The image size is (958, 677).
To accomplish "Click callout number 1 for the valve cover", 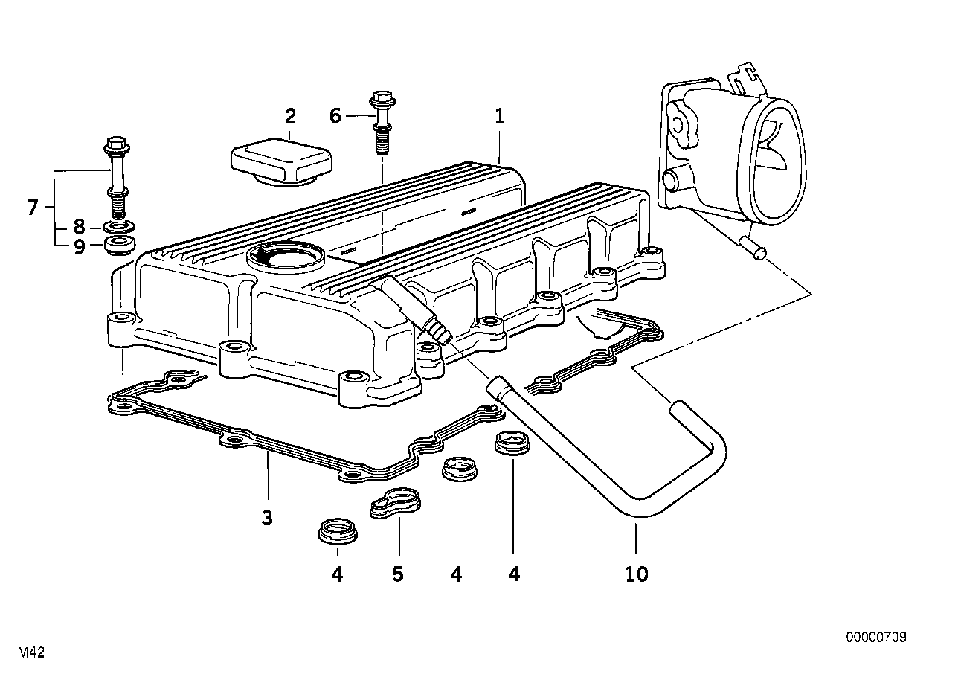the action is pyautogui.click(x=500, y=116).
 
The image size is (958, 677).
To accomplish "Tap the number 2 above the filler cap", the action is pyautogui.click(x=290, y=116).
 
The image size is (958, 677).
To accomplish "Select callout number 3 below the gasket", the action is pyautogui.click(x=267, y=518).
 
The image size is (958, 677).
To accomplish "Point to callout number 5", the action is pyautogui.click(x=398, y=574).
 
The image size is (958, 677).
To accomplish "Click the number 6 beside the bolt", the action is pyautogui.click(x=335, y=116).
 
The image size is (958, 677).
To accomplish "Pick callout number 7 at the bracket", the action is pyautogui.click(x=33, y=208).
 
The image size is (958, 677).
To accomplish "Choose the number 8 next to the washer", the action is pyautogui.click(x=79, y=227).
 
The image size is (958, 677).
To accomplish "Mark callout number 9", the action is pyautogui.click(x=79, y=247).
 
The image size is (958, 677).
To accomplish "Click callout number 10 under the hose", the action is pyautogui.click(x=637, y=574).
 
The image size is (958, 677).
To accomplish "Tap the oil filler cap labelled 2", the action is pyautogui.click(x=281, y=161).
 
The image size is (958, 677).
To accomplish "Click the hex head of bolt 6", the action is pyautogui.click(x=382, y=98).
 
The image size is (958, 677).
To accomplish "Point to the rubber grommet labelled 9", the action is pyautogui.click(x=120, y=245).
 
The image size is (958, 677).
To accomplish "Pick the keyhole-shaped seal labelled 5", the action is pyautogui.click(x=395, y=501).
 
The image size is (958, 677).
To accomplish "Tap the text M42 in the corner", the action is pyautogui.click(x=31, y=653).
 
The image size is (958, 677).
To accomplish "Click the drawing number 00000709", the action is pyautogui.click(x=876, y=638).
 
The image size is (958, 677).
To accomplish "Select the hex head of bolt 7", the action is pyautogui.click(x=117, y=145).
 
